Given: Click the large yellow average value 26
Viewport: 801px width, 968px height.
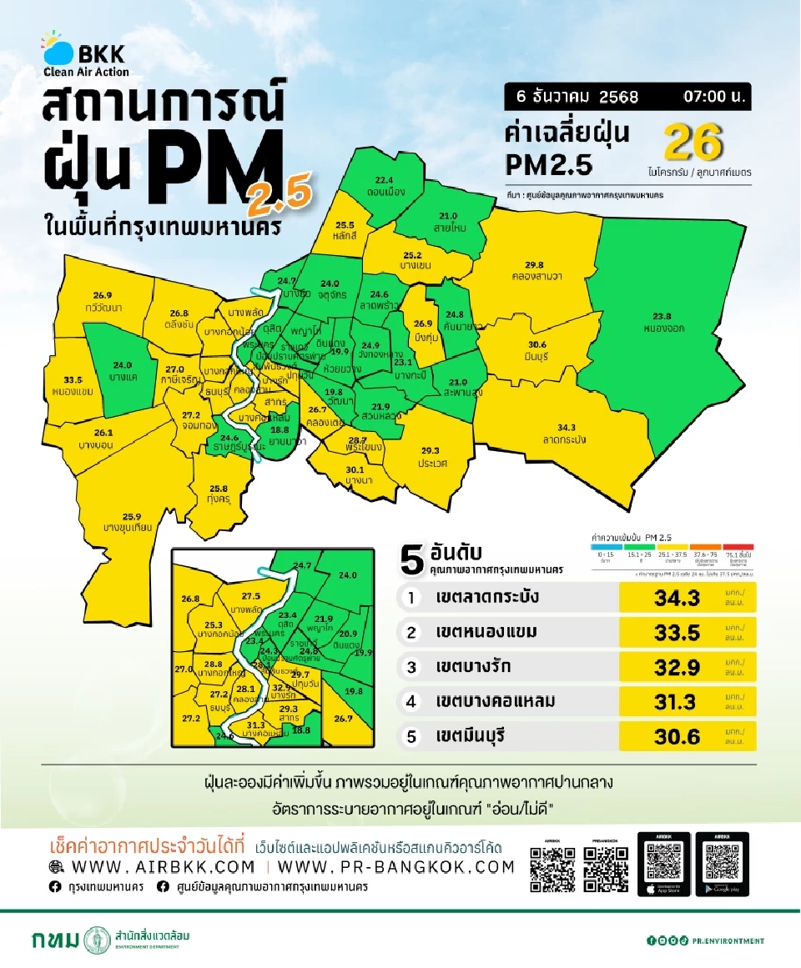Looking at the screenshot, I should pos(692,143).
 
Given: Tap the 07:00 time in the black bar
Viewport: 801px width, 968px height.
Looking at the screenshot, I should pos(712,96).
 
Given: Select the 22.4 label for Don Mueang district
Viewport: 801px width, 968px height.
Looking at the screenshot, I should pos(384,180).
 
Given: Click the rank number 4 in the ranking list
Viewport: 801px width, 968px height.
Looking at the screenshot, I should pos(411,702).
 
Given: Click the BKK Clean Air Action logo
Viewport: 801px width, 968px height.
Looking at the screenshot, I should pos(85,55).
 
